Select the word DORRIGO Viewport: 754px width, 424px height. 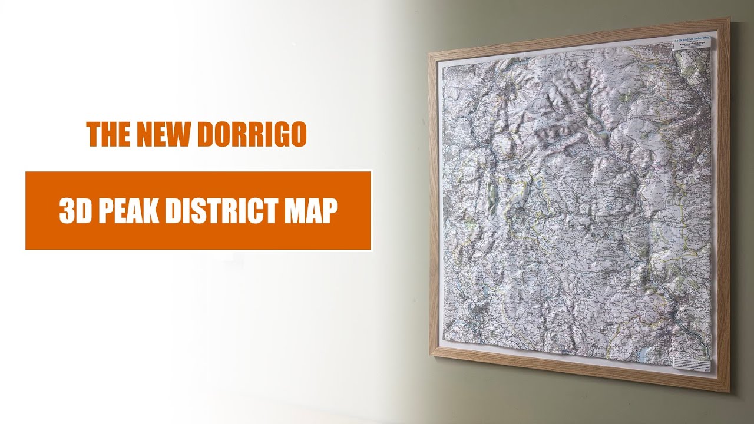[x=252, y=135]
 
